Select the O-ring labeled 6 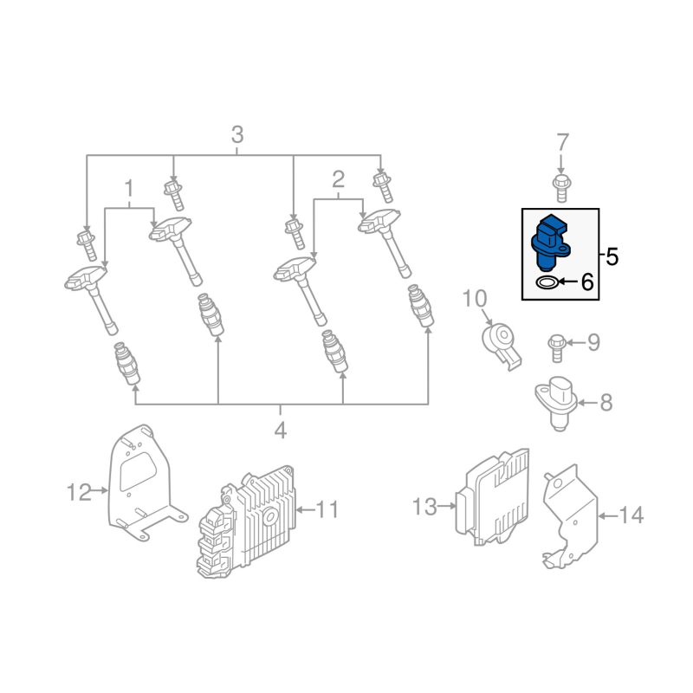point(546,282)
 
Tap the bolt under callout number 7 point(560,184)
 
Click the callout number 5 point(612,256)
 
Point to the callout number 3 point(236,136)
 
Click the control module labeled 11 point(247,518)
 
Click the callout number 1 point(130,188)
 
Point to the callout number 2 point(338,180)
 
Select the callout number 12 point(79,493)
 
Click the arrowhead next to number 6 point(564,282)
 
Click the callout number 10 point(476,299)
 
